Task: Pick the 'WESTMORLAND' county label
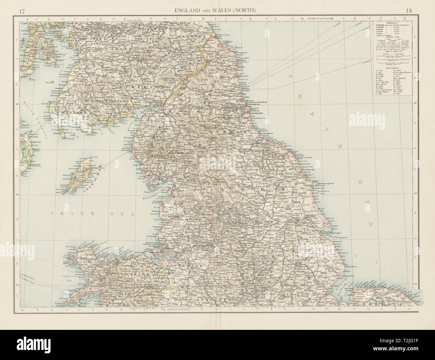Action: [181, 153]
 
